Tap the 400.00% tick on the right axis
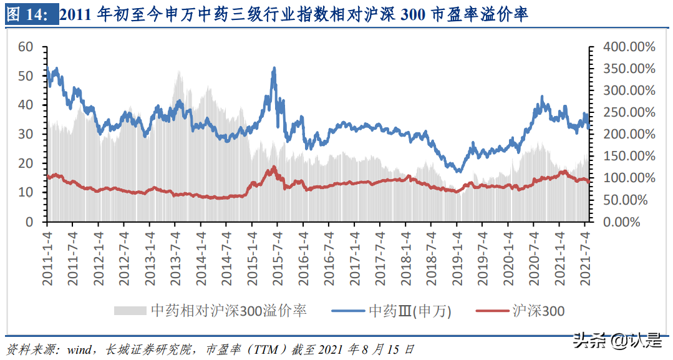click(x=629, y=47)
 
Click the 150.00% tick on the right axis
click(x=629, y=156)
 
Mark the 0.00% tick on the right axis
click(x=632, y=222)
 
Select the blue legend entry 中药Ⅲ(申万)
click(x=392, y=310)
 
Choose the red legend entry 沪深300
click(x=521, y=310)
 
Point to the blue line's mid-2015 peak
click(x=273, y=68)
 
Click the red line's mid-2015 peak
click(x=273, y=167)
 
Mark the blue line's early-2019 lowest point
click(x=459, y=171)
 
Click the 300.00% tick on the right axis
click(x=629, y=90)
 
